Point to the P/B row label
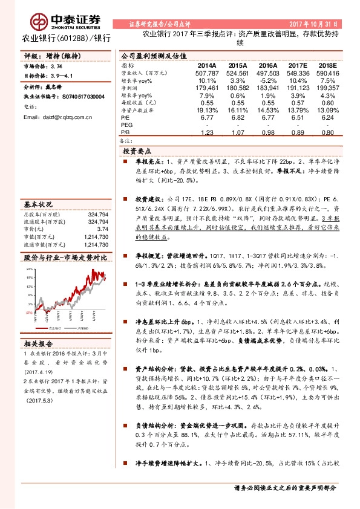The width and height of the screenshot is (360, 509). coord(126,132)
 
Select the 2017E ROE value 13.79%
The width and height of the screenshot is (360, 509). coord(289,110)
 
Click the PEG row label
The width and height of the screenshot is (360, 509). coord(128,125)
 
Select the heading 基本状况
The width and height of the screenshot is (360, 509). coord(38,187)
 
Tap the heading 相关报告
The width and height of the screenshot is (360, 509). coord(38,343)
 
